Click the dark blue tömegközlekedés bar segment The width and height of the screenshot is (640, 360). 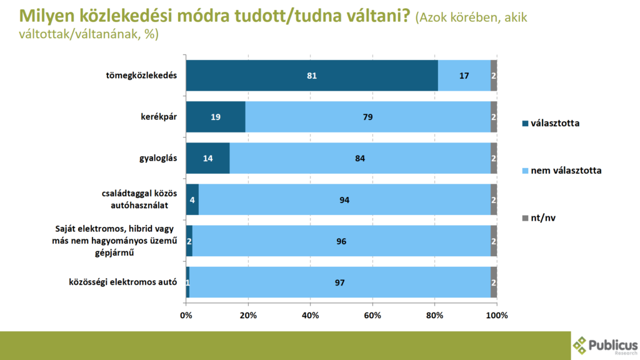pyautogui.click(x=311, y=76)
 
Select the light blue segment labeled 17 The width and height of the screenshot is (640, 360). pyautogui.click(x=464, y=76)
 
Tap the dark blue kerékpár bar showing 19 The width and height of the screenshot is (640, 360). pyautogui.click(x=215, y=117)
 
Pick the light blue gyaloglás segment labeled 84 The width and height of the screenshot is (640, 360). pyautogui.click(x=359, y=158)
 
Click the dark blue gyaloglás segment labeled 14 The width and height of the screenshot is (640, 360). pyautogui.click(x=207, y=158)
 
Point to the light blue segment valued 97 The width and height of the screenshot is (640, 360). pyautogui.click(x=339, y=282)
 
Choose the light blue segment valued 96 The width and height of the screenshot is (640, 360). pyautogui.click(x=341, y=241)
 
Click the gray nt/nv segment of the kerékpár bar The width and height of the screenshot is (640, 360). pyautogui.click(x=494, y=117)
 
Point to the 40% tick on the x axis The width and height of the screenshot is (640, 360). pyautogui.click(x=310, y=315)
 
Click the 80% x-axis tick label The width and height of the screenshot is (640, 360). pyautogui.click(x=435, y=315)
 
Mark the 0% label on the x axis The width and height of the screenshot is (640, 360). pyautogui.click(x=186, y=315)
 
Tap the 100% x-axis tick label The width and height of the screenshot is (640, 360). pyautogui.click(x=497, y=315)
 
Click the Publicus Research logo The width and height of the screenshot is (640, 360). pyautogui.click(x=605, y=346)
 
